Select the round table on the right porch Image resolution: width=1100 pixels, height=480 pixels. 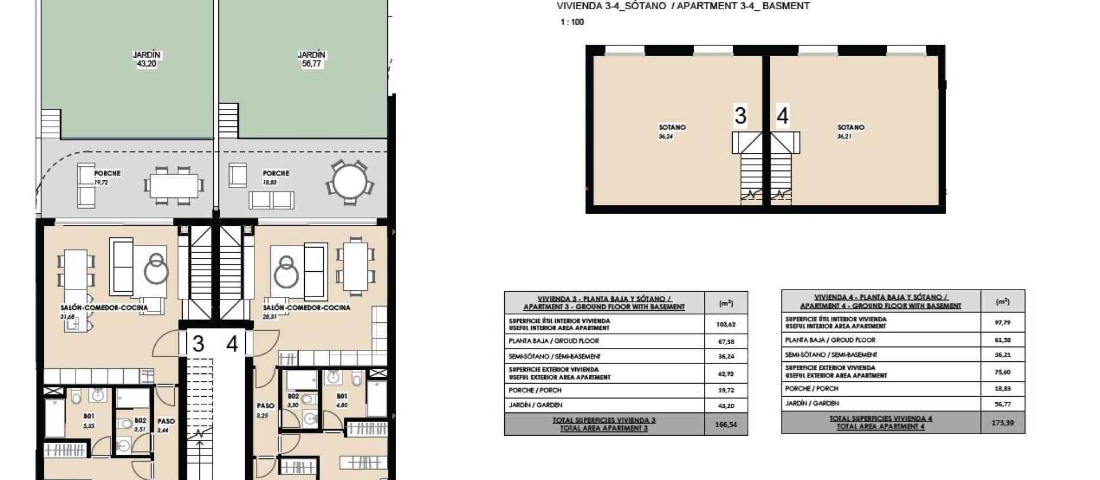click(350, 183)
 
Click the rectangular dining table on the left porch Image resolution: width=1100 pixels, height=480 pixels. click(174, 186)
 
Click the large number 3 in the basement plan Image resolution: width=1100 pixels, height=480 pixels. click(740, 116)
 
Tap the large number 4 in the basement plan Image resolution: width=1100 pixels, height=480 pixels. click(783, 116)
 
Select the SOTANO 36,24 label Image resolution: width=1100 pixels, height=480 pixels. click(671, 132)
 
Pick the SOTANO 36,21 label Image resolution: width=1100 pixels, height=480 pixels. click(850, 132)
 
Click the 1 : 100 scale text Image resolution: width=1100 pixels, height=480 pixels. click(572, 22)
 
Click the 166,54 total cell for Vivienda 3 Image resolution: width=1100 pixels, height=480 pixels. click(726, 425)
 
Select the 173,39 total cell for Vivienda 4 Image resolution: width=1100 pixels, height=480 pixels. click(1003, 423)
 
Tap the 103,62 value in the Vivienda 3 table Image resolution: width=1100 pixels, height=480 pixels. click(725, 325)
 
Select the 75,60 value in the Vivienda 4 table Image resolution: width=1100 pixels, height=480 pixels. click(1003, 372)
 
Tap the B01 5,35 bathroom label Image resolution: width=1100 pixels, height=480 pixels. click(89, 420)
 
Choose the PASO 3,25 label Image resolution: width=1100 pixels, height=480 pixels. click(265, 411)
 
